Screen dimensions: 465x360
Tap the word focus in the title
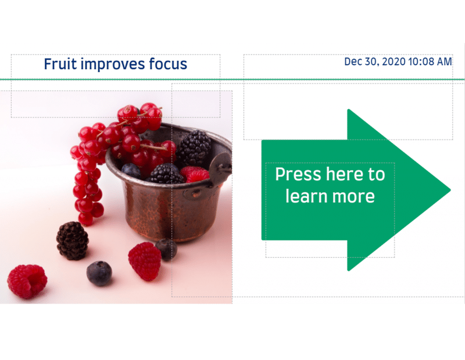click(x=168, y=64)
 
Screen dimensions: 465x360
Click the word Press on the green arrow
click(x=298, y=174)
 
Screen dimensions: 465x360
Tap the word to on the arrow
click(x=377, y=175)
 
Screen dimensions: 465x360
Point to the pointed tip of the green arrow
click(x=450, y=190)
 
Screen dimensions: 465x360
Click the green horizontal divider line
click(x=233, y=80)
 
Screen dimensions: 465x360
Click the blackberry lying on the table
click(x=72, y=240)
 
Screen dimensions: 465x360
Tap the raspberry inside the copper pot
click(x=195, y=174)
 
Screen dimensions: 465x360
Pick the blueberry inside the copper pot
click(x=131, y=171)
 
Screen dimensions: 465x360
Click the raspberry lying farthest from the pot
click(x=27, y=281)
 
